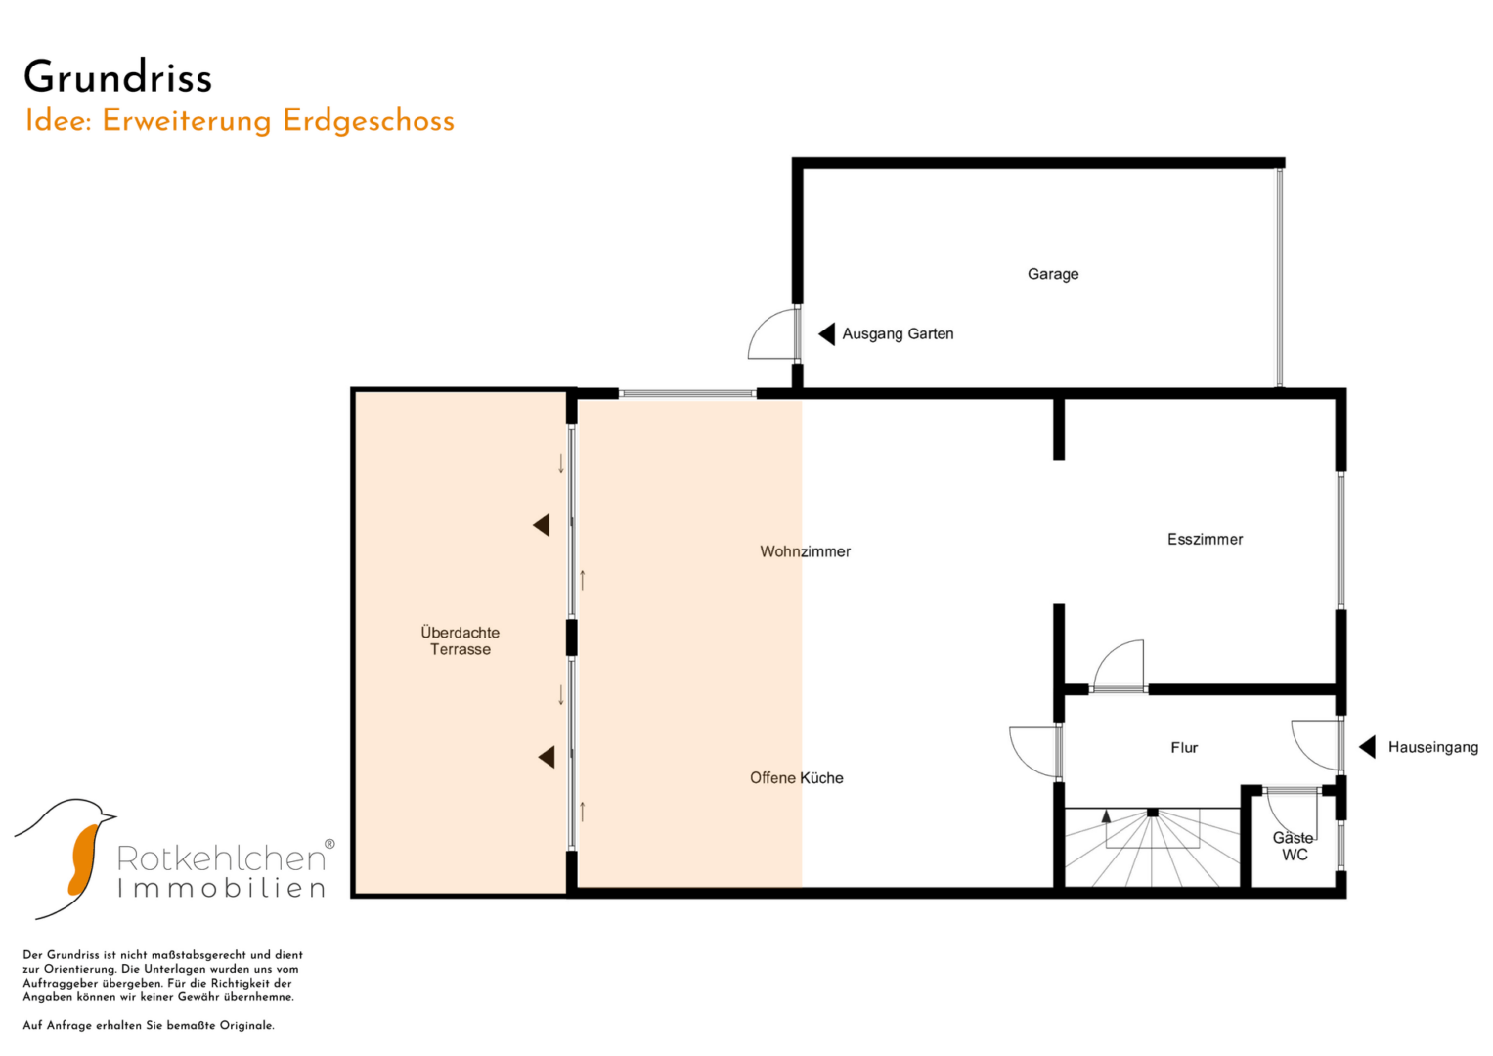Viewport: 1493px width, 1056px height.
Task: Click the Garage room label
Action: coord(1052,274)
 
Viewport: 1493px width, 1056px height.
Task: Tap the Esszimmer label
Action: coord(1206,539)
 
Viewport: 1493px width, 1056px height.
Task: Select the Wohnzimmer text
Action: coord(805,551)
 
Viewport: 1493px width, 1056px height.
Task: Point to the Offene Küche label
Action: coord(797,778)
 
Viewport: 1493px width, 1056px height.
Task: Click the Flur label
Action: coord(1184,748)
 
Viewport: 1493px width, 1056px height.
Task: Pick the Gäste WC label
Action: coord(1294,846)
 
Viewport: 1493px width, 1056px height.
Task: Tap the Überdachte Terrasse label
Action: coord(460,640)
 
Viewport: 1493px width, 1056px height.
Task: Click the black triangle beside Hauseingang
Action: coord(1367,747)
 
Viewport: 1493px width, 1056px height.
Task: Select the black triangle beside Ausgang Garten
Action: coord(827,334)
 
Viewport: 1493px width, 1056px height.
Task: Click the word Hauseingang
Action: coord(1433,747)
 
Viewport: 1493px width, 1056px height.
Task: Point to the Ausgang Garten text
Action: coord(898,334)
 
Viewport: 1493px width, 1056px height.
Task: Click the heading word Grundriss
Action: coord(118,78)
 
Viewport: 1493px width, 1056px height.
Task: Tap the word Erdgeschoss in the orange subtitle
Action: coord(368,122)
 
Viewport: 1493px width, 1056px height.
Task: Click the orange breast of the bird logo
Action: coord(83,860)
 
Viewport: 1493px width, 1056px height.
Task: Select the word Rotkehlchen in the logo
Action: coord(222,858)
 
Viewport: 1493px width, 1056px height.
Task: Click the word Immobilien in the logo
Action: coord(222,889)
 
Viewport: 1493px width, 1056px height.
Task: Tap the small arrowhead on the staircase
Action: coord(1107,815)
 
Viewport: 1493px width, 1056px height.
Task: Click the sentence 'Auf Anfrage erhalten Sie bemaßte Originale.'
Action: coord(149,1026)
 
